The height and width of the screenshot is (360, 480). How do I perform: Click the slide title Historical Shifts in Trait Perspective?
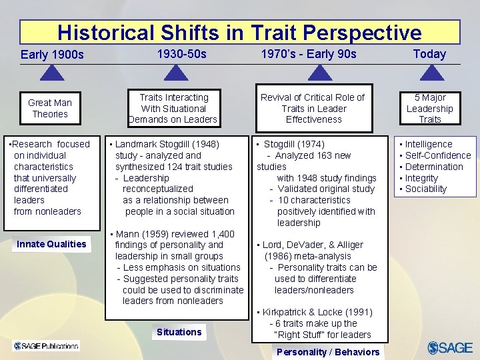pos(239,33)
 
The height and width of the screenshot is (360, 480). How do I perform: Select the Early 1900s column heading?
pos(52,55)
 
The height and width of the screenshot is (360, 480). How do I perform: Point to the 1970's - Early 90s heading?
pos(308,54)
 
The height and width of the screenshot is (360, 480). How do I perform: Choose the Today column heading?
pos(429,54)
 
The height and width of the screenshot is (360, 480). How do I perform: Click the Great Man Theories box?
pos(50,108)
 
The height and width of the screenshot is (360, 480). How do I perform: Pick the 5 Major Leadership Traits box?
pos(429,108)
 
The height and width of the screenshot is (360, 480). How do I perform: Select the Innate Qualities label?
pos(51,244)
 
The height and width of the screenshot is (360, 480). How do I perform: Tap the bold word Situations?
pos(179,332)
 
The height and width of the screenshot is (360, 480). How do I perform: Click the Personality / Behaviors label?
pos(328,352)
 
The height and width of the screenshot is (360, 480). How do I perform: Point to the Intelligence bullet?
pos(429,144)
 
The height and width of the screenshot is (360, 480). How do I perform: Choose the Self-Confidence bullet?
pos(437,155)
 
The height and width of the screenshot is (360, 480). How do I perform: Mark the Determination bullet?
pos(433,167)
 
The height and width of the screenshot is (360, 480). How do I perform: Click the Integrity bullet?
pos(421,178)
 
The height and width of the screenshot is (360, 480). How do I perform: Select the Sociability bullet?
pos(426,189)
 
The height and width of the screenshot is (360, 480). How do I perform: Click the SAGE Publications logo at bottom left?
pos(46,345)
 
